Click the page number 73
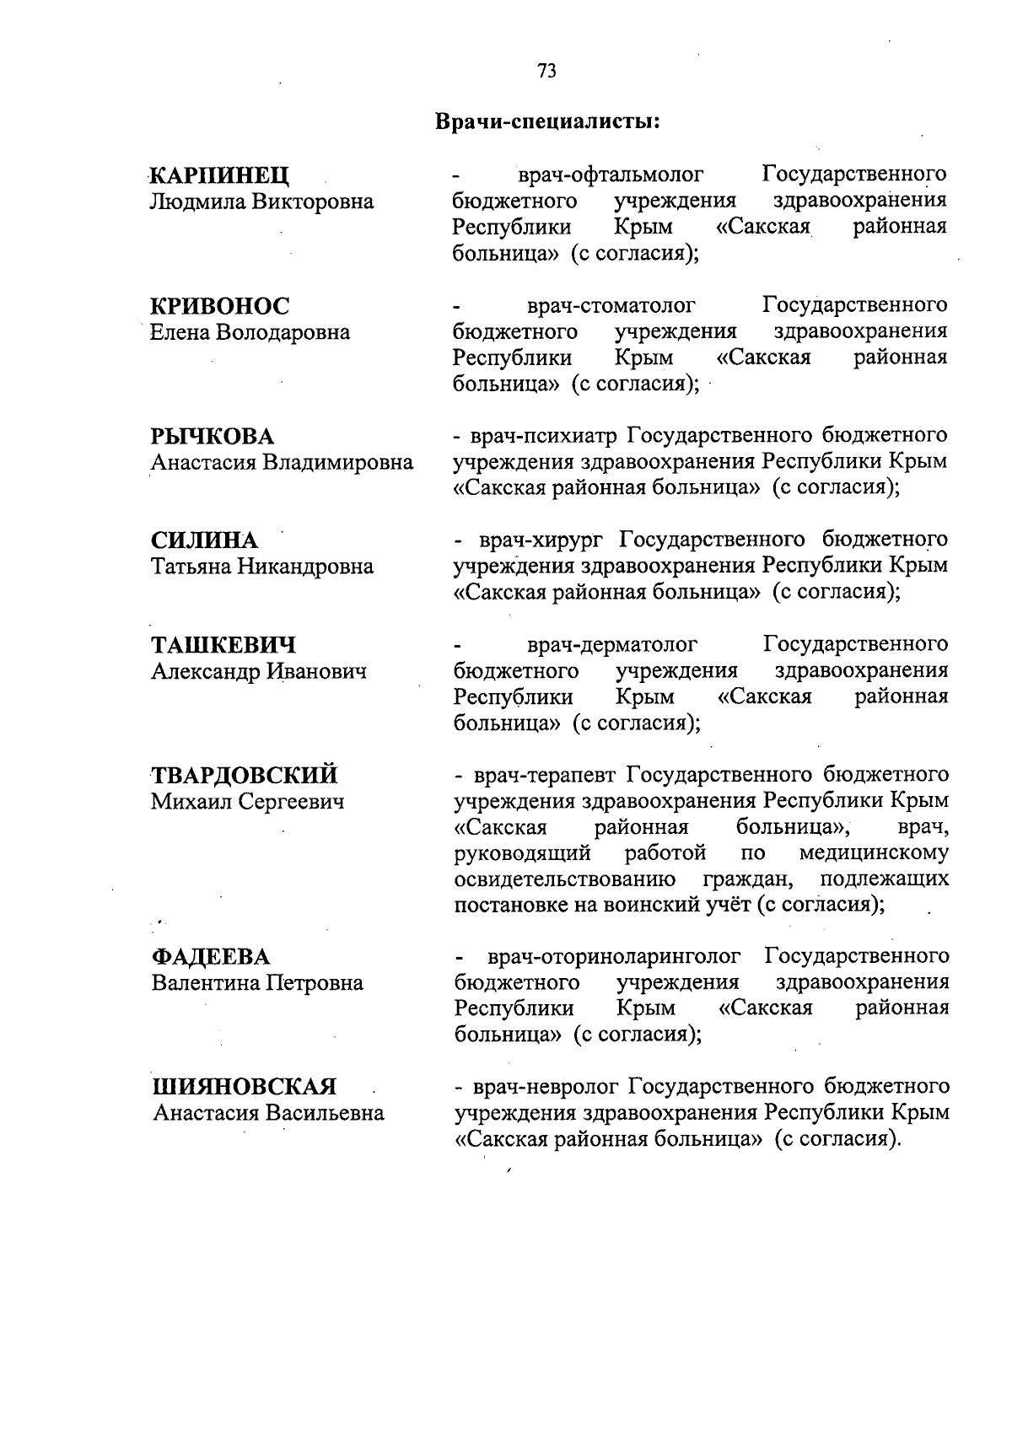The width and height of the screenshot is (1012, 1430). pyautogui.click(x=546, y=72)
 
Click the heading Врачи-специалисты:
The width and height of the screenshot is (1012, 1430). pyautogui.click(x=546, y=121)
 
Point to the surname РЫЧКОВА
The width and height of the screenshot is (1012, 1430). pyautogui.click(x=213, y=437)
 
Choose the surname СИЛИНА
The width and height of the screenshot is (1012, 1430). pyautogui.click(x=205, y=540)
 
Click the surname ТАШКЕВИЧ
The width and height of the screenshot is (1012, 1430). pyautogui.click(x=223, y=646)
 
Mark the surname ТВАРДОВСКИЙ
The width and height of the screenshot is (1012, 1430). pyautogui.click(x=245, y=776)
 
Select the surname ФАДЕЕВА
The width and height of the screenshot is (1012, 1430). pyautogui.click(x=211, y=957)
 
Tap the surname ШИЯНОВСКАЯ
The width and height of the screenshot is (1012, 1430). pyautogui.click(x=244, y=1086)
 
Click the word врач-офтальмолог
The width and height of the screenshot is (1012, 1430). pyautogui.click(x=611, y=175)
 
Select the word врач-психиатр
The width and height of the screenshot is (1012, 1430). pyautogui.click(x=545, y=437)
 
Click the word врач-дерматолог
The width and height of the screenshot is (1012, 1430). pyautogui.click(x=612, y=646)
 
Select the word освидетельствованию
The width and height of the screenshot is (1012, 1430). pyautogui.click(x=565, y=880)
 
